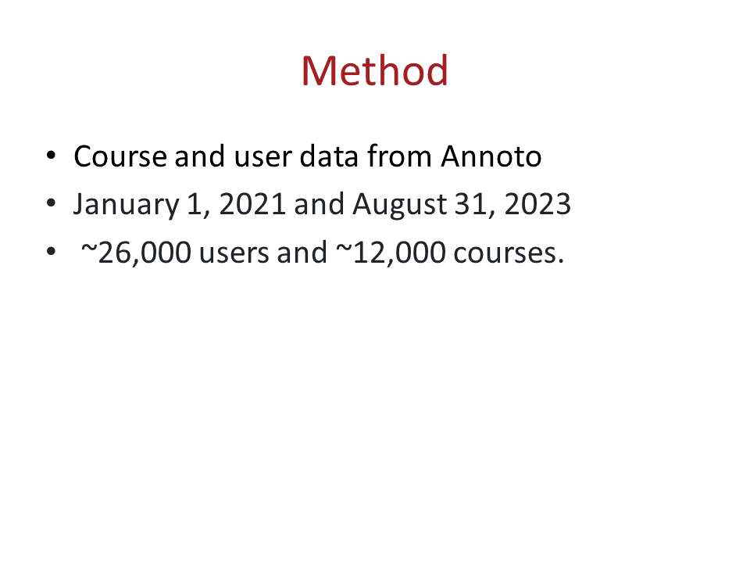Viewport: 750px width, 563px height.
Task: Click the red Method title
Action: click(374, 71)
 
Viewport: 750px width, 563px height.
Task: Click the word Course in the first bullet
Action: click(120, 156)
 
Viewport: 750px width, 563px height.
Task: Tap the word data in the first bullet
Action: click(329, 156)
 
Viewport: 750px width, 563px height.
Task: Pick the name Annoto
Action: click(491, 156)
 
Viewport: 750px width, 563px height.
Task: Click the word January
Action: click(126, 205)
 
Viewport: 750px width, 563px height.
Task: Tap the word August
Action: click(399, 205)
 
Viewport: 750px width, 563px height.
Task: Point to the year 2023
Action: click(537, 204)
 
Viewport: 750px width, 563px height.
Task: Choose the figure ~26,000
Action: click(136, 253)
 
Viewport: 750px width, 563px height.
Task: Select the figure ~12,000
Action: click(391, 253)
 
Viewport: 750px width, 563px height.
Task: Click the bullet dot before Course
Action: click(52, 156)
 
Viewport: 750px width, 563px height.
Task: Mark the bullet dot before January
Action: click(52, 203)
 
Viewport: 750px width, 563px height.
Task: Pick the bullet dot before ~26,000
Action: click(52, 251)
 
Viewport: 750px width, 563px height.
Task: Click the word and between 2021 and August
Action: click(319, 204)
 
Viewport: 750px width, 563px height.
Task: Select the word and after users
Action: click(302, 252)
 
